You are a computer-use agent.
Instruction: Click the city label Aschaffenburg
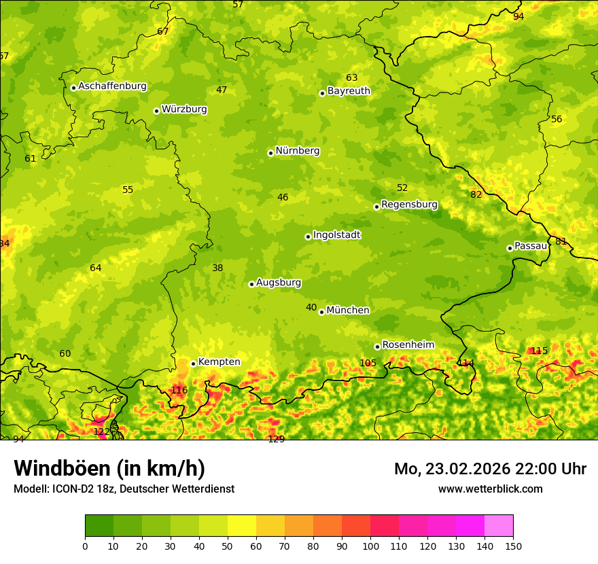click(112, 86)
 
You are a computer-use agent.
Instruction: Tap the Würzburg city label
click(184, 109)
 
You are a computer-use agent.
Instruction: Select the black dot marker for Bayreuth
click(322, 93)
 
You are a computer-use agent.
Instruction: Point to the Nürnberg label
click(297, 151)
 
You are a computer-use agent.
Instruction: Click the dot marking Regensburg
click(376, 207)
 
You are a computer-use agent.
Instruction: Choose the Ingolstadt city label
click(336, 235)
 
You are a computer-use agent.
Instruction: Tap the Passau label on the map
click(531, 246)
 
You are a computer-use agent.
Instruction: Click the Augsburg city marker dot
click(251, 284)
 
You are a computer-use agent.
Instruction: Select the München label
click(348, 311)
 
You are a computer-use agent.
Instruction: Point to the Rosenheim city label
click(408, 345)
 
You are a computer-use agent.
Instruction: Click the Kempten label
click(219, 362)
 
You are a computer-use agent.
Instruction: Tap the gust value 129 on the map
click(276, 439)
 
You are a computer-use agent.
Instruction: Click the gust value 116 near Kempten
click(179, 390)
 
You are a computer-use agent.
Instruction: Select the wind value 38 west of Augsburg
click(217, 268)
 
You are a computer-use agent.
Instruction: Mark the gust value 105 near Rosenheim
click(368, 363)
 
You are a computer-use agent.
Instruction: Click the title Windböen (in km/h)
click(109, 468)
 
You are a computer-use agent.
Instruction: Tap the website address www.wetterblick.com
click(490, 489)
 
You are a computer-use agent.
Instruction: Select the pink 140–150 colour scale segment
click(499, 525)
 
